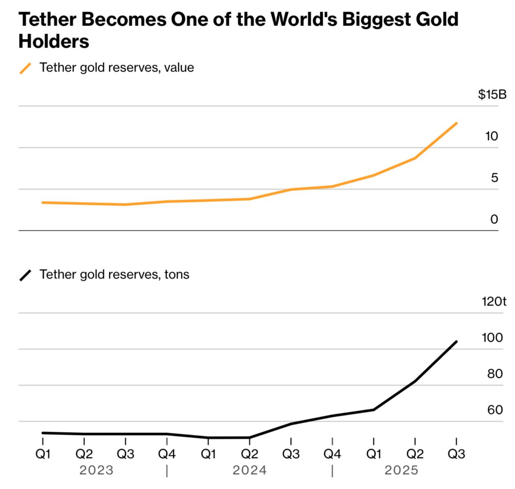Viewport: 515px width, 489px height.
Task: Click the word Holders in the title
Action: (54, 41)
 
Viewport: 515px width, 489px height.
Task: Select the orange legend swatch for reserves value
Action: (25, 68)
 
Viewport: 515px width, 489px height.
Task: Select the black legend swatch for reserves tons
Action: (25, 275)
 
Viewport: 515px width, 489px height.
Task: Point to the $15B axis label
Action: (492, 95)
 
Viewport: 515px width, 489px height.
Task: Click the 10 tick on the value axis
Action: (491, 136)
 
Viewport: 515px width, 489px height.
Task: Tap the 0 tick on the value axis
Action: (494, 219)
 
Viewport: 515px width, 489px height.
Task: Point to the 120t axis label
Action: (494, 301)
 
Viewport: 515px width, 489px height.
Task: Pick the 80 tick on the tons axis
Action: (495, 374)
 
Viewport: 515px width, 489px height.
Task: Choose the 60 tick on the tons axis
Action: (495, 410)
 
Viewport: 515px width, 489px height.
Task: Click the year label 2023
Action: (96, 470)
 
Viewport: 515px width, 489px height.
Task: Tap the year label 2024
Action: (249, 470)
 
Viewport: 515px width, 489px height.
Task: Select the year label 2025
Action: (401, 470)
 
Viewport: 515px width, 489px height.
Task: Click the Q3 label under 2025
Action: (456, 454)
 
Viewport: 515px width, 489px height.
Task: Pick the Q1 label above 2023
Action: (43, 454)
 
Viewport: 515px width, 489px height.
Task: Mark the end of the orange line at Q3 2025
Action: (456, 123)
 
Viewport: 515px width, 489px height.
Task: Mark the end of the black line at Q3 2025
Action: (456, 342)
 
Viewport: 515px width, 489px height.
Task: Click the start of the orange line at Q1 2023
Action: (43, 202)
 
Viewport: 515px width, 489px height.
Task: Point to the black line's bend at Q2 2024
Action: (249, 438)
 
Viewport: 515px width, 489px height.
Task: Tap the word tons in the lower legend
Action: (177, 274)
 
